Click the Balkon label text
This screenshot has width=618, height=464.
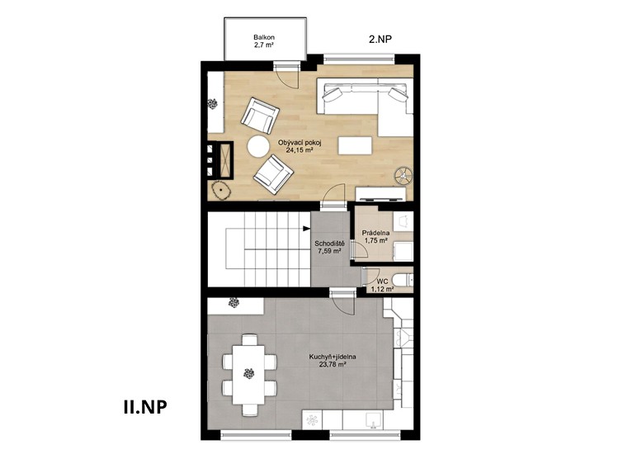point(264,37)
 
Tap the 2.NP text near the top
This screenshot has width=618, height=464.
point(380,39)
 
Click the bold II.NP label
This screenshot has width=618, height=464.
point(144,407)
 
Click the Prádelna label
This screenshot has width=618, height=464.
point(375,233)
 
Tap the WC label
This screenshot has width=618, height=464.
point(382,282)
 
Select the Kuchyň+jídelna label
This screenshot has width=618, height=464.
point(333,357)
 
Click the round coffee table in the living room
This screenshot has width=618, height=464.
point(258,147)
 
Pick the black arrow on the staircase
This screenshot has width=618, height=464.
point(306,228)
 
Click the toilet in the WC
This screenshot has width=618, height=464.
point(403,280)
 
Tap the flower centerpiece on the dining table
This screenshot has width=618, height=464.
point(248,373)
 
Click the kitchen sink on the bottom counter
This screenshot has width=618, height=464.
point(372,420)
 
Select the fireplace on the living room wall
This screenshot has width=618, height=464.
point(221,159)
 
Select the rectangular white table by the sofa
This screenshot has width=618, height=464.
point(355,145)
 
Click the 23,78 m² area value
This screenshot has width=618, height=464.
point(333,365)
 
